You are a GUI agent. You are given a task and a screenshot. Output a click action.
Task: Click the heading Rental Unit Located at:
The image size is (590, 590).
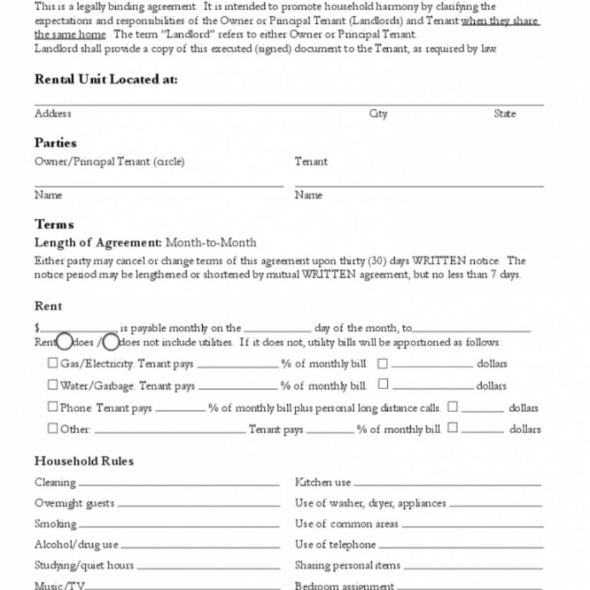(x=106, y=79)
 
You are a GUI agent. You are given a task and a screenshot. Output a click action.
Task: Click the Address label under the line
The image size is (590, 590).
(x=53, y=114)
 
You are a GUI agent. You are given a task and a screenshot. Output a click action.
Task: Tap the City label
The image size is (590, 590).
(x=378, y=114)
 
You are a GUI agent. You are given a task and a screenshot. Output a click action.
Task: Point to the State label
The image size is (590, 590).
(x=504, y=114)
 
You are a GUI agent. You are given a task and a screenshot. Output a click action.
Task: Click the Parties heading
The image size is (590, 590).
(x=56, y=143)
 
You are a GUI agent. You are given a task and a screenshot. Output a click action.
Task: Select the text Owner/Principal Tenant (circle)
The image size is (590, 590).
(x=109, y=162)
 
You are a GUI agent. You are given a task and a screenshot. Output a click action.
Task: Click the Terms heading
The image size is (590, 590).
(x=54, y=225)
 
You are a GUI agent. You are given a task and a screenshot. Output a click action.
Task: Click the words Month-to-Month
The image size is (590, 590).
(x=211, y=243)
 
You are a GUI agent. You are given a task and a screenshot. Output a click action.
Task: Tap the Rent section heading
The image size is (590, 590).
(x=49, y=306)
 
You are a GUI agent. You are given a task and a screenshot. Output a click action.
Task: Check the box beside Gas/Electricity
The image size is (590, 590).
(x=52, y=363)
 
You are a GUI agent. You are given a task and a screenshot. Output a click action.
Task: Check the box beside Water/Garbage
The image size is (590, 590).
(x=52, y=385)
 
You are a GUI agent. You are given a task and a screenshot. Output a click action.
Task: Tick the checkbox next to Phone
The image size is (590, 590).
(x=52, y=407)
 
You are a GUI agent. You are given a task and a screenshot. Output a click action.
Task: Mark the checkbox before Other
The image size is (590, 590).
(x=52, y=429)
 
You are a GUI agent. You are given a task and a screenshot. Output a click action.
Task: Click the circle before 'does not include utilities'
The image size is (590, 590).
(x=111, y=342)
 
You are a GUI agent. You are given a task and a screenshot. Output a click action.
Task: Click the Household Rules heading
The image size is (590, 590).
(x=84, y=461)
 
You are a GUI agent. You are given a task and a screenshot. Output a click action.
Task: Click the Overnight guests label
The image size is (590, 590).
(x=74, y=503)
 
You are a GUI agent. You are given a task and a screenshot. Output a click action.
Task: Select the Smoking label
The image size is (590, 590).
(x=56, y=524)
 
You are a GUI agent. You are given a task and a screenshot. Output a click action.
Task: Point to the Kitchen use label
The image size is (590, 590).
(x=323, y=482)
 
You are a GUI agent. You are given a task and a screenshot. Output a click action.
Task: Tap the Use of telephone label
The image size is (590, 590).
(x=335, y=545)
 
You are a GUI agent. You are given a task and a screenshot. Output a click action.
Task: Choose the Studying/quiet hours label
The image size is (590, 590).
(x=84, y=566)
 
